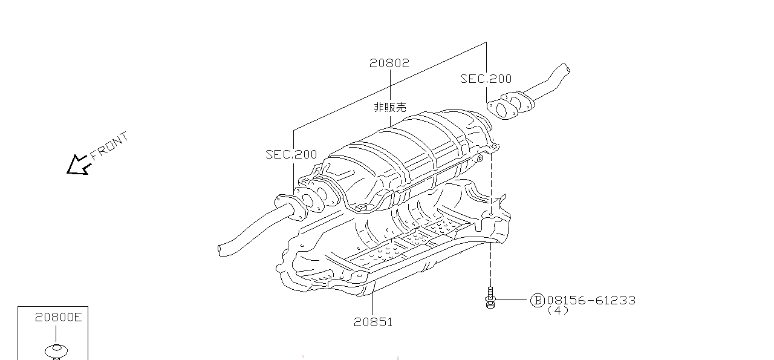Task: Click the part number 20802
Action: click(x=389, y=63)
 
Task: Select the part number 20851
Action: click(x=373, y=322)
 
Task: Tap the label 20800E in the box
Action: click(x=57, y=317)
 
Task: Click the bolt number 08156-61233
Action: click(x=591, y=300)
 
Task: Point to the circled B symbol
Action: click(x=537, y=300)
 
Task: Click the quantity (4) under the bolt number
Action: click(x=558, y=310)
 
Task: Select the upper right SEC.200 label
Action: click(x=486, y=79)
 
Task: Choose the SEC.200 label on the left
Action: click(x=291, y=155)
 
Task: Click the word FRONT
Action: click(x=109, y=146)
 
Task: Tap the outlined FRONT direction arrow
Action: click(x=77, y=165)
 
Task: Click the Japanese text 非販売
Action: click(x=389, y=108)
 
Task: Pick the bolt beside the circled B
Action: click(x=490, y=298)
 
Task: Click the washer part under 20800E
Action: click(x=56, y=350)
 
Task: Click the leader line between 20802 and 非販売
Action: click(x=389, y=85)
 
